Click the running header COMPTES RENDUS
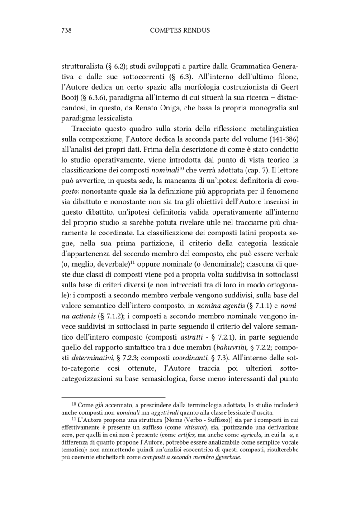pyautogui.click(x=180, y=30)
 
